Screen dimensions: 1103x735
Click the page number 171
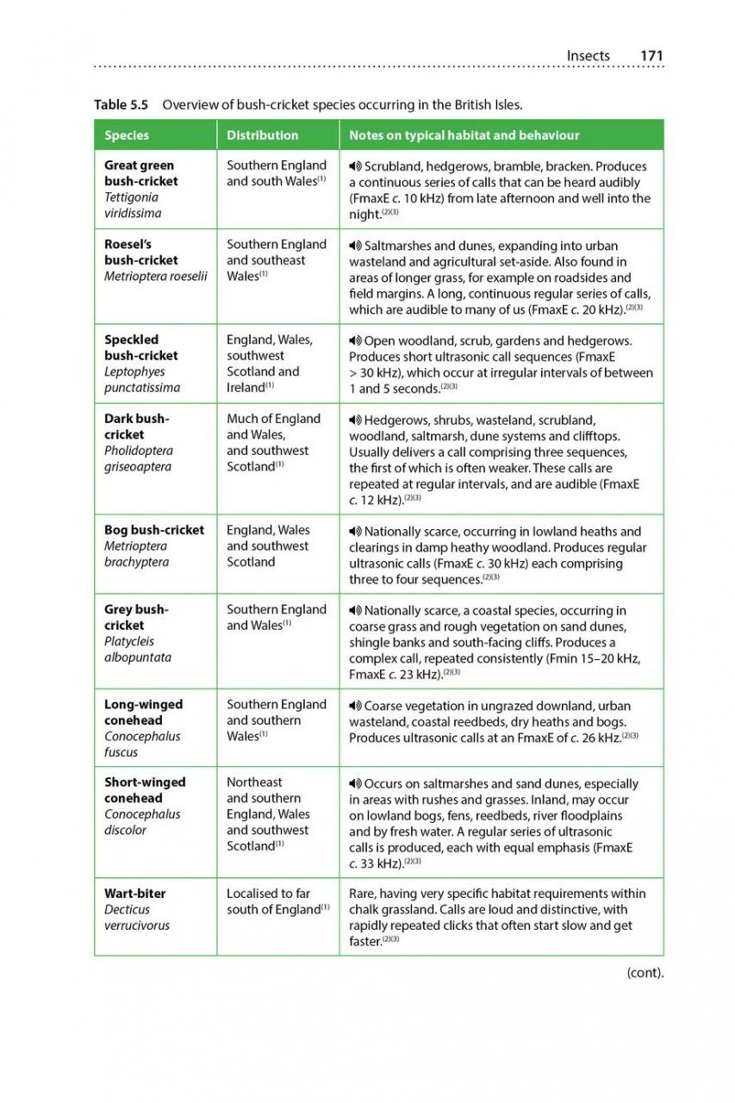[651, 56]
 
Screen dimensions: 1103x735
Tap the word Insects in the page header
[588, 56]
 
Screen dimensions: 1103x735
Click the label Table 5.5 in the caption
[121, 105]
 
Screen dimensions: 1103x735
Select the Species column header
[127, 135]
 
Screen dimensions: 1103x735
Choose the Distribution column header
[262, 135]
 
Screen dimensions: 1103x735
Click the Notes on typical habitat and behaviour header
[464, 135]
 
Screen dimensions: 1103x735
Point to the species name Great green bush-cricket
[140, 173]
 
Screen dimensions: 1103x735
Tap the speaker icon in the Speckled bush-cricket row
[355, 341]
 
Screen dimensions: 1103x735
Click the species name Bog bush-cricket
[154, 530]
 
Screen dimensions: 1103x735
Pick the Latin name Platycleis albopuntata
[138, 649]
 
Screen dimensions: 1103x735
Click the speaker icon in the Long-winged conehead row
[355, 706]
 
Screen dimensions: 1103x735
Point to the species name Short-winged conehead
[145, 790]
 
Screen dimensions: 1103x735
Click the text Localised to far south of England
[277, 901]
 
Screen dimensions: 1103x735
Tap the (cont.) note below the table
[645, 973]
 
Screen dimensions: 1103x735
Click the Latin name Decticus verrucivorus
[136, 918]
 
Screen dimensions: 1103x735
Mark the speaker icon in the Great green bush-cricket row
[355, 166]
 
